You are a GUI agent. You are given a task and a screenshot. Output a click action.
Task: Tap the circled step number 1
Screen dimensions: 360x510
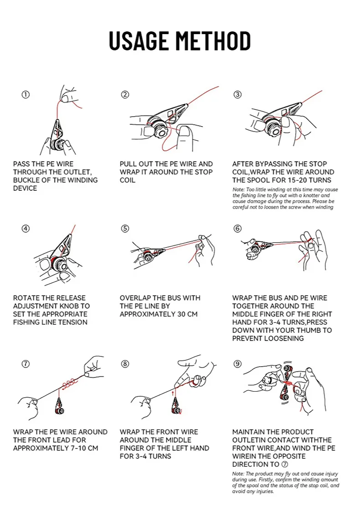coord(26,95)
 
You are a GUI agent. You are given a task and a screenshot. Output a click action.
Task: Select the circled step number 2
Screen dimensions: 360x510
coord(125,95)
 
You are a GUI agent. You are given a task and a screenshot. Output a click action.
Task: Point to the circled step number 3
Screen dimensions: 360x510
coord(237,95)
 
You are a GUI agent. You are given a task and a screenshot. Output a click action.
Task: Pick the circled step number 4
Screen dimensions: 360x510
coord(26,229)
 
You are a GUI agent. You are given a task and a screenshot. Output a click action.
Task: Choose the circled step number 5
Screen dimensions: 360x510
coord(125,229)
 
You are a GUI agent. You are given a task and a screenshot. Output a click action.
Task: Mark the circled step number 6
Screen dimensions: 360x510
coord(237,229)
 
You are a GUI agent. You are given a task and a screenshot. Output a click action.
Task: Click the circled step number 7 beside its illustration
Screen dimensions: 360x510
coord(26,364)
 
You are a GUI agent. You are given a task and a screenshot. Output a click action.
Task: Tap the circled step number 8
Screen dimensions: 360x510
coord(125,364)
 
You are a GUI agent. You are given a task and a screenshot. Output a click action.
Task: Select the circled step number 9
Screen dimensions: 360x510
coord(237,364)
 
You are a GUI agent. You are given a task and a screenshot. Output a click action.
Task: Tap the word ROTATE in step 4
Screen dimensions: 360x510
coord(25,298)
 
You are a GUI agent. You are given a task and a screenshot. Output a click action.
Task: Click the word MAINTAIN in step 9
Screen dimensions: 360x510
coord(248,432)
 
